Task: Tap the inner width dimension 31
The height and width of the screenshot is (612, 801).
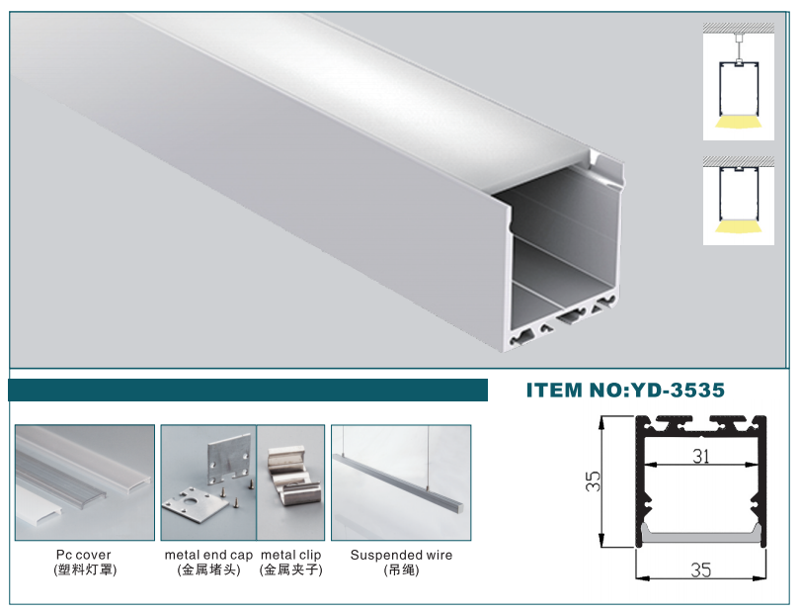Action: coord(701,456)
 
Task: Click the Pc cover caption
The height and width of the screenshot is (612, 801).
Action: coord(84,555)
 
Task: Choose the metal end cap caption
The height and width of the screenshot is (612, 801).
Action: coord(208,555)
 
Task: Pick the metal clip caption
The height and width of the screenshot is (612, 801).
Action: coord(290,555)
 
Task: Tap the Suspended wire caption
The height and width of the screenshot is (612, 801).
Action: coord(401,555)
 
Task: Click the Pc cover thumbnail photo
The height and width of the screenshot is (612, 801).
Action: coord(84,481)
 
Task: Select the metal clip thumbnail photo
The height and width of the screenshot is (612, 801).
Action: coord(291,481)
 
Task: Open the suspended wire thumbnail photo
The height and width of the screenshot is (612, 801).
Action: coord(401,481)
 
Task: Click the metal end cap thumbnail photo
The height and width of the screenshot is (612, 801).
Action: coord(208,481)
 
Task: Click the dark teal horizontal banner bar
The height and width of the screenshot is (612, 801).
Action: coord(247,390)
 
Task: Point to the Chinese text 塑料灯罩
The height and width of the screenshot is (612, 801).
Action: coord(84,569)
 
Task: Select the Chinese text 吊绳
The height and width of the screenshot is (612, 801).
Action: coord(401,569)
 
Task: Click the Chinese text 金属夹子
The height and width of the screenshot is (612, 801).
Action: coord(290,569)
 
